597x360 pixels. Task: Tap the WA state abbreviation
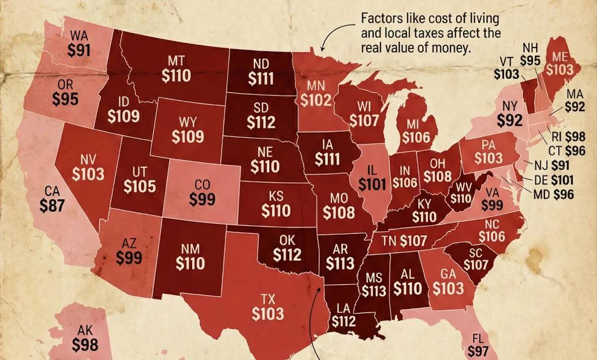point(80,36)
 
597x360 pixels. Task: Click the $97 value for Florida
point(479,352)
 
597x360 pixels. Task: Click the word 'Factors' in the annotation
point(379,19)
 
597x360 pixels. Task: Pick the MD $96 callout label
point(553,194)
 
